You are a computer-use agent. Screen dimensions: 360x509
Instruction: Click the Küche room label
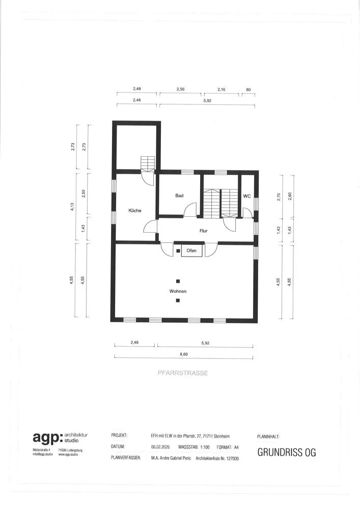point(135,210)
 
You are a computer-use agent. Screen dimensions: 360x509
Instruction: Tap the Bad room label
point(179,195)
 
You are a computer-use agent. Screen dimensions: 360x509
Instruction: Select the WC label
point(247,196)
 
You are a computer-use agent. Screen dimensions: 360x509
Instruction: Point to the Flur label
point(204,231)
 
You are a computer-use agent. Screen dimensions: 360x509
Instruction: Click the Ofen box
point(191,250)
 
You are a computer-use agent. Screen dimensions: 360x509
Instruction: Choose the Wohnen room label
point(178,291)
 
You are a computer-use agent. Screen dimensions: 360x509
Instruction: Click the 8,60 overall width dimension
point(184,354)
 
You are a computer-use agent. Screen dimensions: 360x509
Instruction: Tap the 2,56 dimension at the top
point(180,89)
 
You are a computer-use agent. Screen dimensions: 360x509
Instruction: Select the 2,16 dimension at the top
point(221,89)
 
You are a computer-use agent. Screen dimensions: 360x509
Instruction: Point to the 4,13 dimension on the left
point(72,207)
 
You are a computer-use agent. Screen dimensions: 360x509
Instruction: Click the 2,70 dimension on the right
point(278,197)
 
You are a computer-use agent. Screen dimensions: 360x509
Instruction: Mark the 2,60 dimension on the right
point(290,196)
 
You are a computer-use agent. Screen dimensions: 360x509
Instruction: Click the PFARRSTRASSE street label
point(183,373)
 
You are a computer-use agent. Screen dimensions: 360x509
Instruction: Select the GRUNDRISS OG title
point(287,452)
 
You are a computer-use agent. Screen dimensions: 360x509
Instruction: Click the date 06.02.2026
point(160,447)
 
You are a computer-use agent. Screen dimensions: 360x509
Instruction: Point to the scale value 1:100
point(205,447)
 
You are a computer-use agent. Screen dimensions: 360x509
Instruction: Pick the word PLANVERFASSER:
point(126,459)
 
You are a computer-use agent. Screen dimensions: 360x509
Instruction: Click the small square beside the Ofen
point(178,251)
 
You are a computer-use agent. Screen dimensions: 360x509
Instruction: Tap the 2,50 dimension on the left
point(84,194)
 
